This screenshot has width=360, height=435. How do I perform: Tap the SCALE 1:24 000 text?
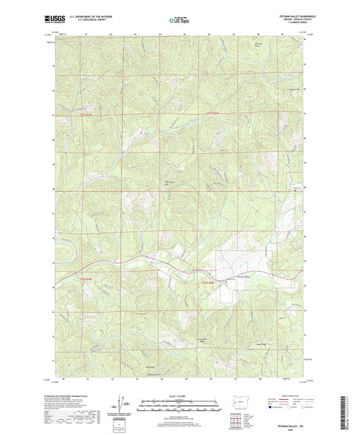pyautogui.click(x=178, y=396)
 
